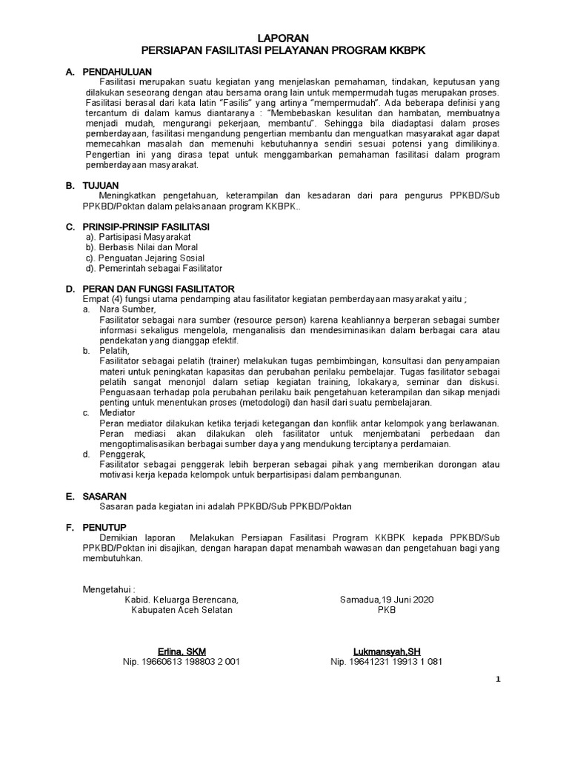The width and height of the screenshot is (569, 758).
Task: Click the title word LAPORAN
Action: pos(284,38)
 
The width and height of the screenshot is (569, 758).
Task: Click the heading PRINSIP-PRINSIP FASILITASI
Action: pos(146,225)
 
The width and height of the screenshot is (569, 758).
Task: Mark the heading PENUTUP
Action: pos(103,529)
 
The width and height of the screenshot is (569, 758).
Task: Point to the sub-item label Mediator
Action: pos(117,412)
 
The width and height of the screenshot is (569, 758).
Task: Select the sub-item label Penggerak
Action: pos(122,454)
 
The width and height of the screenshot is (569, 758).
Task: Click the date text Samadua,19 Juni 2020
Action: pos(387,599)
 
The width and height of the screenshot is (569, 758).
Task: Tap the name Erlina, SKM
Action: pos(182,651)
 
